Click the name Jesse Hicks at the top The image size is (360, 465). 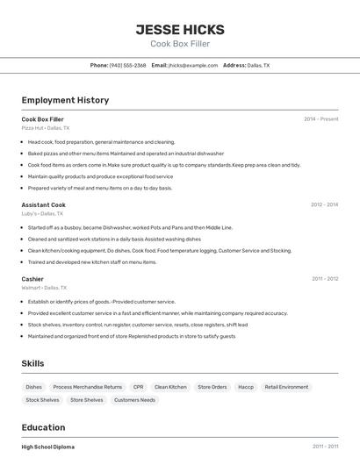180,29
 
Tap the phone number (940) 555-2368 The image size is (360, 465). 127,65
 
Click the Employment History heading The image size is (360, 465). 65,100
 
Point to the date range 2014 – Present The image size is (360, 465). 320,118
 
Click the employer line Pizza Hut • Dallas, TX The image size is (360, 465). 46,128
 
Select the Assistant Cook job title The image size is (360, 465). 44,204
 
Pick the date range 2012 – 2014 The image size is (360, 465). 324,204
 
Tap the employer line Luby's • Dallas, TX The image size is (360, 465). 42,213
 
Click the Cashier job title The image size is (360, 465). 32,279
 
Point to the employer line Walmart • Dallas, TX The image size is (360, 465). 44,288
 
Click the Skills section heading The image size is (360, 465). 32,363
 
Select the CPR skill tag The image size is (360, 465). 138,387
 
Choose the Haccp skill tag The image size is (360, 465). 246,387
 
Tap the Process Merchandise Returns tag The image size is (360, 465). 88,387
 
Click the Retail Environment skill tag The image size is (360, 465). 286,387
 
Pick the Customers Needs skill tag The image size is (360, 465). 134,400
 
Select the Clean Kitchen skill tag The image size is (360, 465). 170,387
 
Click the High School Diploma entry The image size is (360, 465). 48,447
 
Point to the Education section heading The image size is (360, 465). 44,427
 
